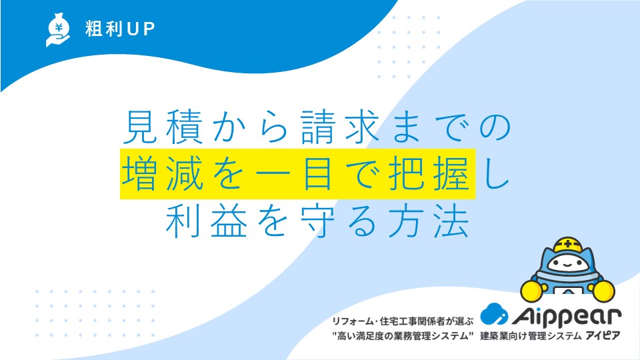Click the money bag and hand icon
pos(58,30)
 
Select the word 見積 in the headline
pos(163,127)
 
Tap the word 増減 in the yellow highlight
pos(163,174)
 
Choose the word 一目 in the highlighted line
pos(296,174)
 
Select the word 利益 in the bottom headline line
pos(207,221)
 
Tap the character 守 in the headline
pos(318,221)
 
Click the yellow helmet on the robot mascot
pos(568,245)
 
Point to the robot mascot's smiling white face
pos(568,263)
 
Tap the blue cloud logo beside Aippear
pos(494,314)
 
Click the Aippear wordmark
pos(567,316)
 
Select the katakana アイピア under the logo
pos(603,336)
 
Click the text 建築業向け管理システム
pos(531,336)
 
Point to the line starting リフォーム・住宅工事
pos(403,321)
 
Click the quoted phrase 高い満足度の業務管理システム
pos(403,336)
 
